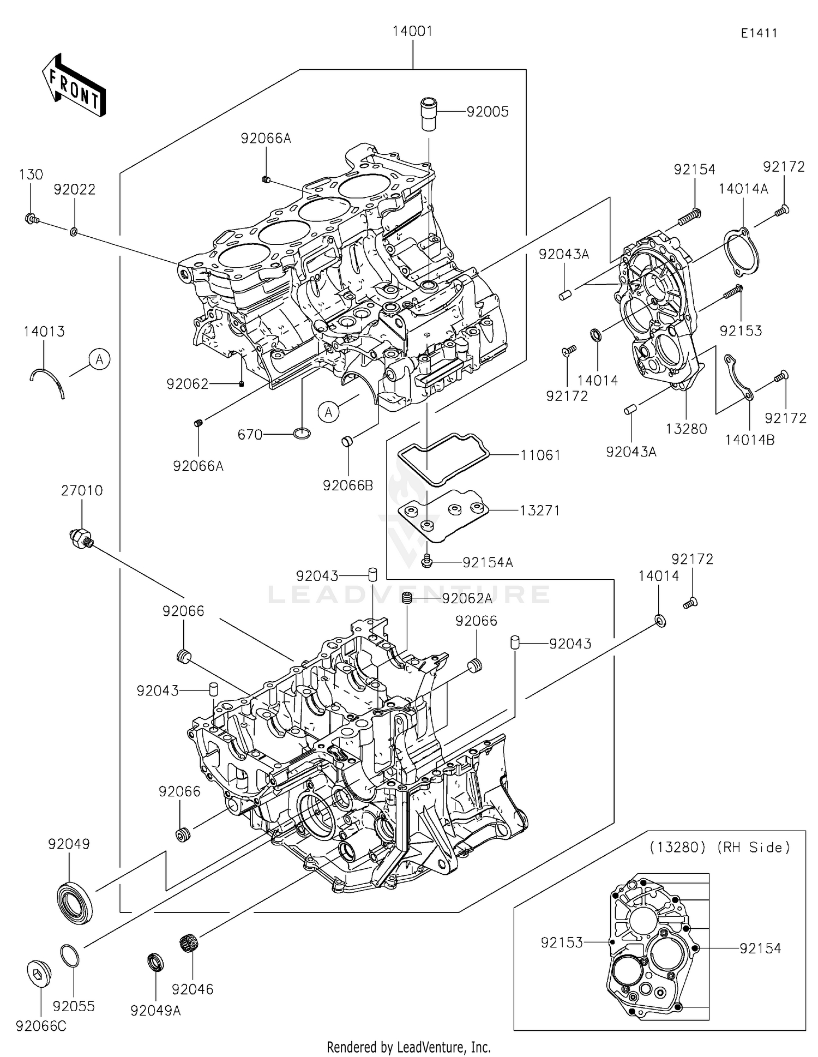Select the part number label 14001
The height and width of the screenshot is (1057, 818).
click(412, 32)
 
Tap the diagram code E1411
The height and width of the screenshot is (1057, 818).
click(759, 33)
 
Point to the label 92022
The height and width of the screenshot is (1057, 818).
click(74, 190)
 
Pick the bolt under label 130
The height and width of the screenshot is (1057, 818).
click(31, 219)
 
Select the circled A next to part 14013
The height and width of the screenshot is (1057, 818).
click(100, 359)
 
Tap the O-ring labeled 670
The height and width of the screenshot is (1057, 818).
click(302, 434)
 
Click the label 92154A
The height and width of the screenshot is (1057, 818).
click(488, 562)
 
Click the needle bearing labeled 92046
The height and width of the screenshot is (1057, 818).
click(189, 942)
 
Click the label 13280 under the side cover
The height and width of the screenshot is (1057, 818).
click(685, 429)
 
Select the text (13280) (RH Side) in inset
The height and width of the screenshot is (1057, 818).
click(719, 847)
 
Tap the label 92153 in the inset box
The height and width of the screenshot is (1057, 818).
click(561, 942)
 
